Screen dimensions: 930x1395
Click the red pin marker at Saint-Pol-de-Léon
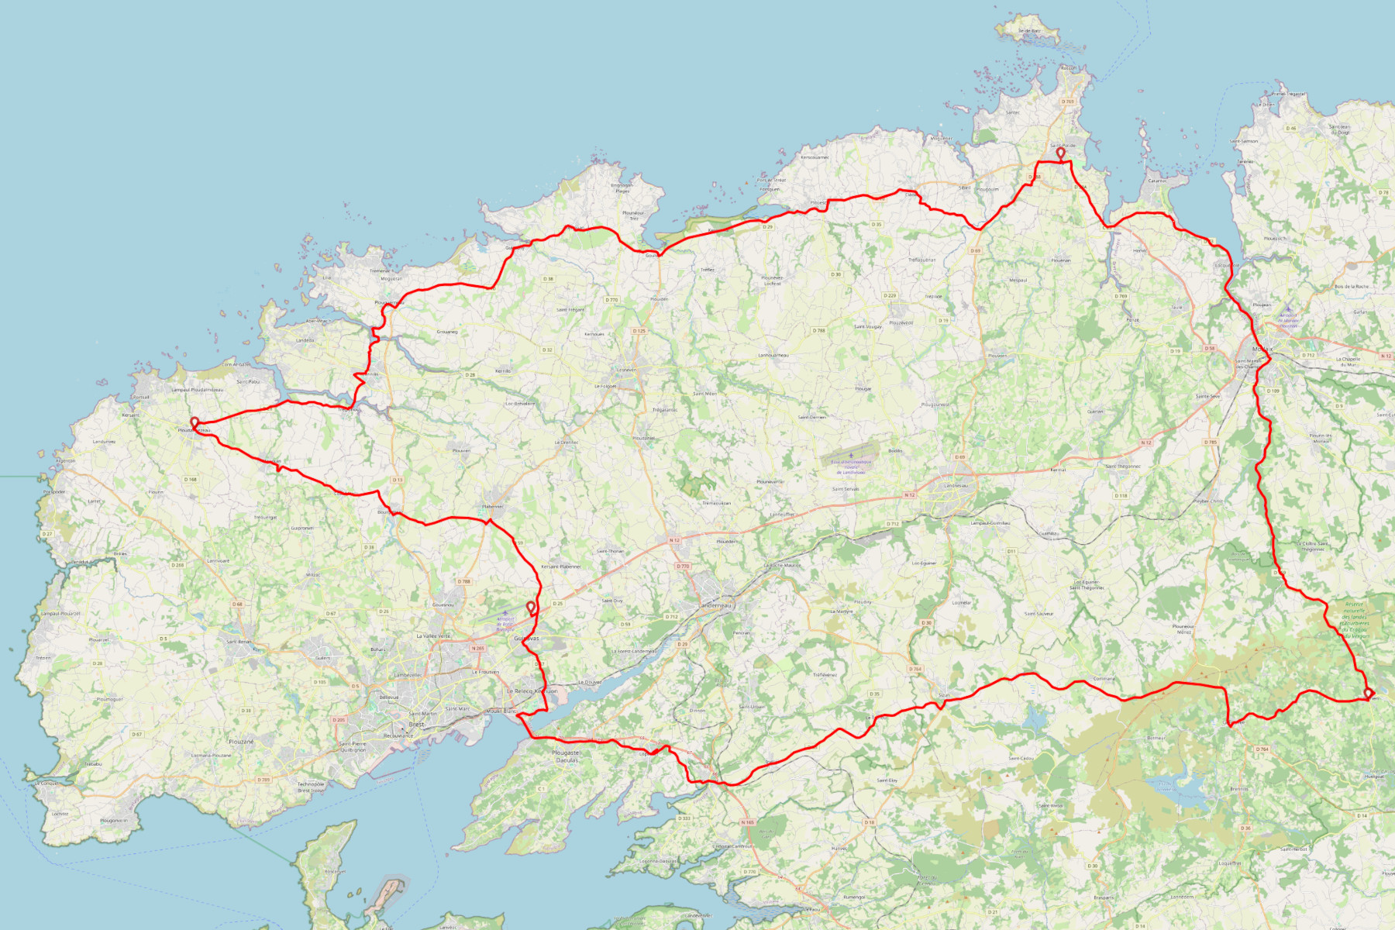click(x=1060, y=153)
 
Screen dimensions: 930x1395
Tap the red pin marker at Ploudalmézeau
click(x=195, y=422)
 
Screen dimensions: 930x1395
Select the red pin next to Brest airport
click(x=531, y=607)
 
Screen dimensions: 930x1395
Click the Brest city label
click(x=416, y=725)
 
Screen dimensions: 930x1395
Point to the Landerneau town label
click(x=715, y=604)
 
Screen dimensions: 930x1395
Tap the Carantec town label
click(x=1157, y=181)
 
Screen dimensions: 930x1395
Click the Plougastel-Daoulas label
click(x=567, y=756)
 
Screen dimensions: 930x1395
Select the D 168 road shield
click(x=191, y=480)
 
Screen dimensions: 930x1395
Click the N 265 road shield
click(x=478, y=648)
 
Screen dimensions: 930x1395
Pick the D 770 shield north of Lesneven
click(x=612, y=300)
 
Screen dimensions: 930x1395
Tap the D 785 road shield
click(x=1211, y=443)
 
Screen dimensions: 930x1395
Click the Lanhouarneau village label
click(x=773, y=355)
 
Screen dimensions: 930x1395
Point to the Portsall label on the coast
click(x=140, y=397)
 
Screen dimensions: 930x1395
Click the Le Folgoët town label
click(x=605, y=386)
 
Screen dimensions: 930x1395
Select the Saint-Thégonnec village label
click(x=1123, y=467)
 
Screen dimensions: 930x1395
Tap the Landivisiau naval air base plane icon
click(x=851, y=456)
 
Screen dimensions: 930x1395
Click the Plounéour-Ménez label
click(x=1183, y=629)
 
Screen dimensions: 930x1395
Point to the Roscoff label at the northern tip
click(x=1069, y=68)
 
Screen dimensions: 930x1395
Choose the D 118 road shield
click(x=1121, y=495)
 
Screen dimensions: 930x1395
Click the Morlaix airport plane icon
click(x=1288, y=308)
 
